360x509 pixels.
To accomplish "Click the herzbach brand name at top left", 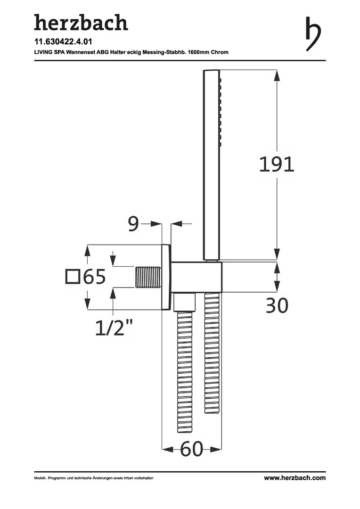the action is (x=81, y=23).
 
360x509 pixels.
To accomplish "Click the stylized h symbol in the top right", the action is (x=313, y=34).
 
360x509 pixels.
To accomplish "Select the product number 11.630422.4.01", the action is (x=63, y=42).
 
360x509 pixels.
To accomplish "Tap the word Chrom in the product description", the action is (x=220, y=52).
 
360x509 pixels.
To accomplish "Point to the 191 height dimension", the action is (x=277, y=164).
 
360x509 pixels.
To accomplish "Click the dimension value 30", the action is (x=277, y=305).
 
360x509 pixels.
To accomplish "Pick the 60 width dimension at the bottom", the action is (x=191, y=449).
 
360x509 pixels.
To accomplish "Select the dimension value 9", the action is (x=133, y=223).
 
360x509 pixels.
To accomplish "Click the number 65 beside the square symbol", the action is (x=94, y=277).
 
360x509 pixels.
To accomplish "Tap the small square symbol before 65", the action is (x=73, y=277).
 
